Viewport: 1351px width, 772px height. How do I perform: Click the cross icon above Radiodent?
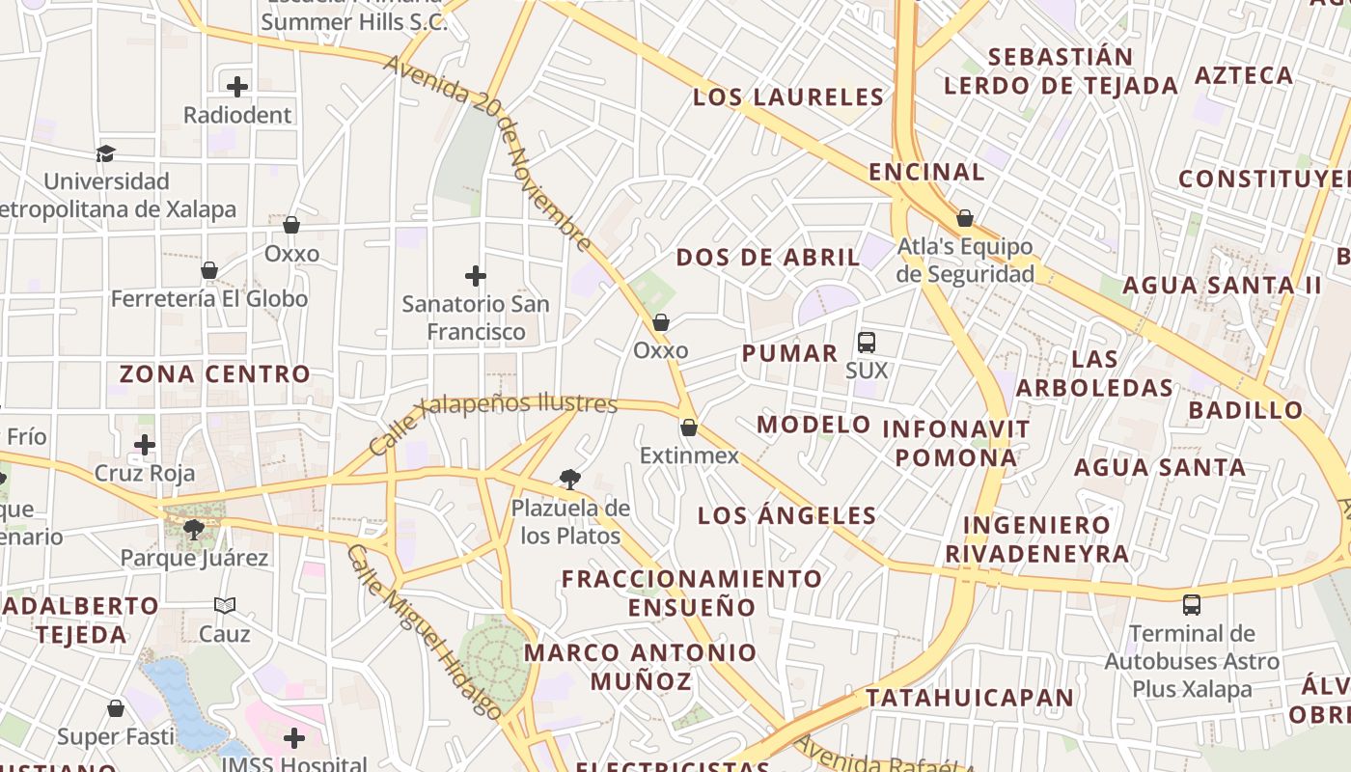click(x=237, y=87)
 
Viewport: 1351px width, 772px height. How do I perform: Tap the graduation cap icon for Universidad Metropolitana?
click(x=105, y=153)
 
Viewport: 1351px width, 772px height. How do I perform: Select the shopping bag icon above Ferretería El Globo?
click(x=209, y=270)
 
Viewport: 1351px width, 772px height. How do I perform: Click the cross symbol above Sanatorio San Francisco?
click(x=475, y=276)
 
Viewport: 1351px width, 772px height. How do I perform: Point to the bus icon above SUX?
click(x=867, y=342)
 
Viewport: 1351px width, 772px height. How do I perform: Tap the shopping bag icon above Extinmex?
click(x=689, y=427)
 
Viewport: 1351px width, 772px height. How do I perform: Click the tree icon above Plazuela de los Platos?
click(x=570, y=479)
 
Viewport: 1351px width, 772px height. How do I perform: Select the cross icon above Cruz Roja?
click(x=145, y=445)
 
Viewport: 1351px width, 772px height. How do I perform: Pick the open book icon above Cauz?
click(x=225, y=605)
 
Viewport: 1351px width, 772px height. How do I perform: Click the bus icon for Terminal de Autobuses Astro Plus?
click(x=1192, y=605)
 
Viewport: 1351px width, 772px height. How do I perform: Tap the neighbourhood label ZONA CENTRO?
click(x=215, y=373)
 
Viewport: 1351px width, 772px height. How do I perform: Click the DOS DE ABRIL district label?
click(x=768, y=258)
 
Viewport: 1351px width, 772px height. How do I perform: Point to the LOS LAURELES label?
click(x=788, y=97)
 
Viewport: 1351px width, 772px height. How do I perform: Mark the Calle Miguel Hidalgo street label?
click(x=425, y=632)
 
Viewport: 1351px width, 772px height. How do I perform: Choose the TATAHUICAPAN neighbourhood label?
click(x=970, y=698)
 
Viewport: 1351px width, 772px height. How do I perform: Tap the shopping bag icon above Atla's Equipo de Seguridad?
click(x=964, y=218)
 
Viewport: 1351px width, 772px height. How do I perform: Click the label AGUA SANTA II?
click(x=1222, y=286)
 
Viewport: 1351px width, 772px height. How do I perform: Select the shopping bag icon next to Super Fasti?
click(x=116, y=709)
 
